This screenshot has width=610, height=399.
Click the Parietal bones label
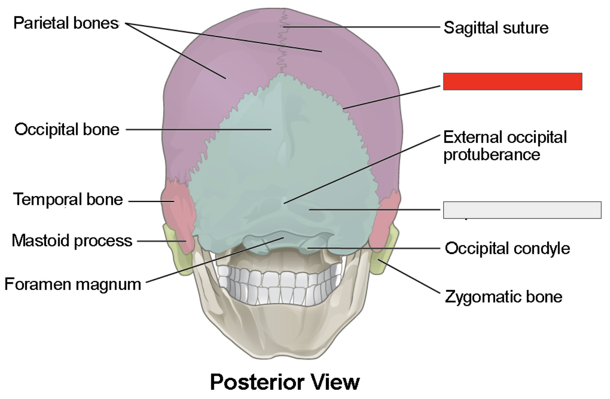point(66,23)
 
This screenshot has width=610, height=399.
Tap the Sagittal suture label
point(496,28)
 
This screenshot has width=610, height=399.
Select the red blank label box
point(512,82)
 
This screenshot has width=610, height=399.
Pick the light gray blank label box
point(522,210)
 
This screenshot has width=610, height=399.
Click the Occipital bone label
point(67,129)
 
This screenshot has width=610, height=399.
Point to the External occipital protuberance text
point(505,146)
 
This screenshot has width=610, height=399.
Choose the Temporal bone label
point(68,199)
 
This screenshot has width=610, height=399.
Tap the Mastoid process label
point(72,241)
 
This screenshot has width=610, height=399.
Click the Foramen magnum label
point(73,284)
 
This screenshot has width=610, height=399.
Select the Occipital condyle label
point(507,248)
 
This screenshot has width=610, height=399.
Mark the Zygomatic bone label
point(503,297)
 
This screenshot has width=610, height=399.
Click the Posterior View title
point(285,382)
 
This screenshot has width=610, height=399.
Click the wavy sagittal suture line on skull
point(282,47)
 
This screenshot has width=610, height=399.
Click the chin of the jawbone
point(284,350)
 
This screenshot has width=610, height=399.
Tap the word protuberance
point(491,155)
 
